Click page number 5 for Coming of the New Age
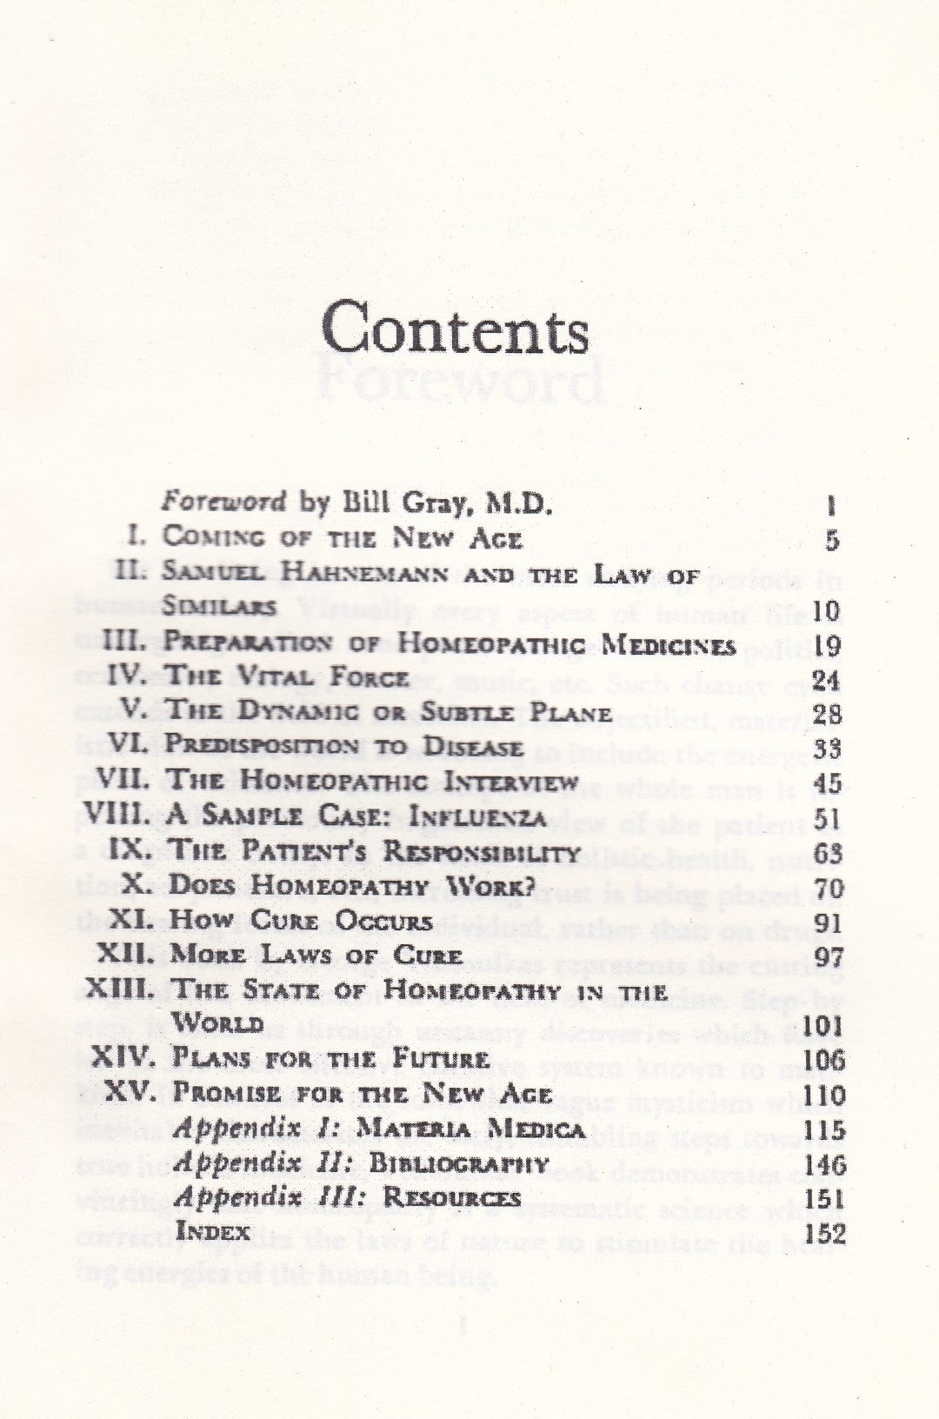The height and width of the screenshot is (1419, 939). (832, 540)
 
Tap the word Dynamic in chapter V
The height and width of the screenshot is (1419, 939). (298, 712)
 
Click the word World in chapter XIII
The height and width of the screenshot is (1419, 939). (217, 1023)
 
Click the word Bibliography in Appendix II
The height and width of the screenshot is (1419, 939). (459, 1163)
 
